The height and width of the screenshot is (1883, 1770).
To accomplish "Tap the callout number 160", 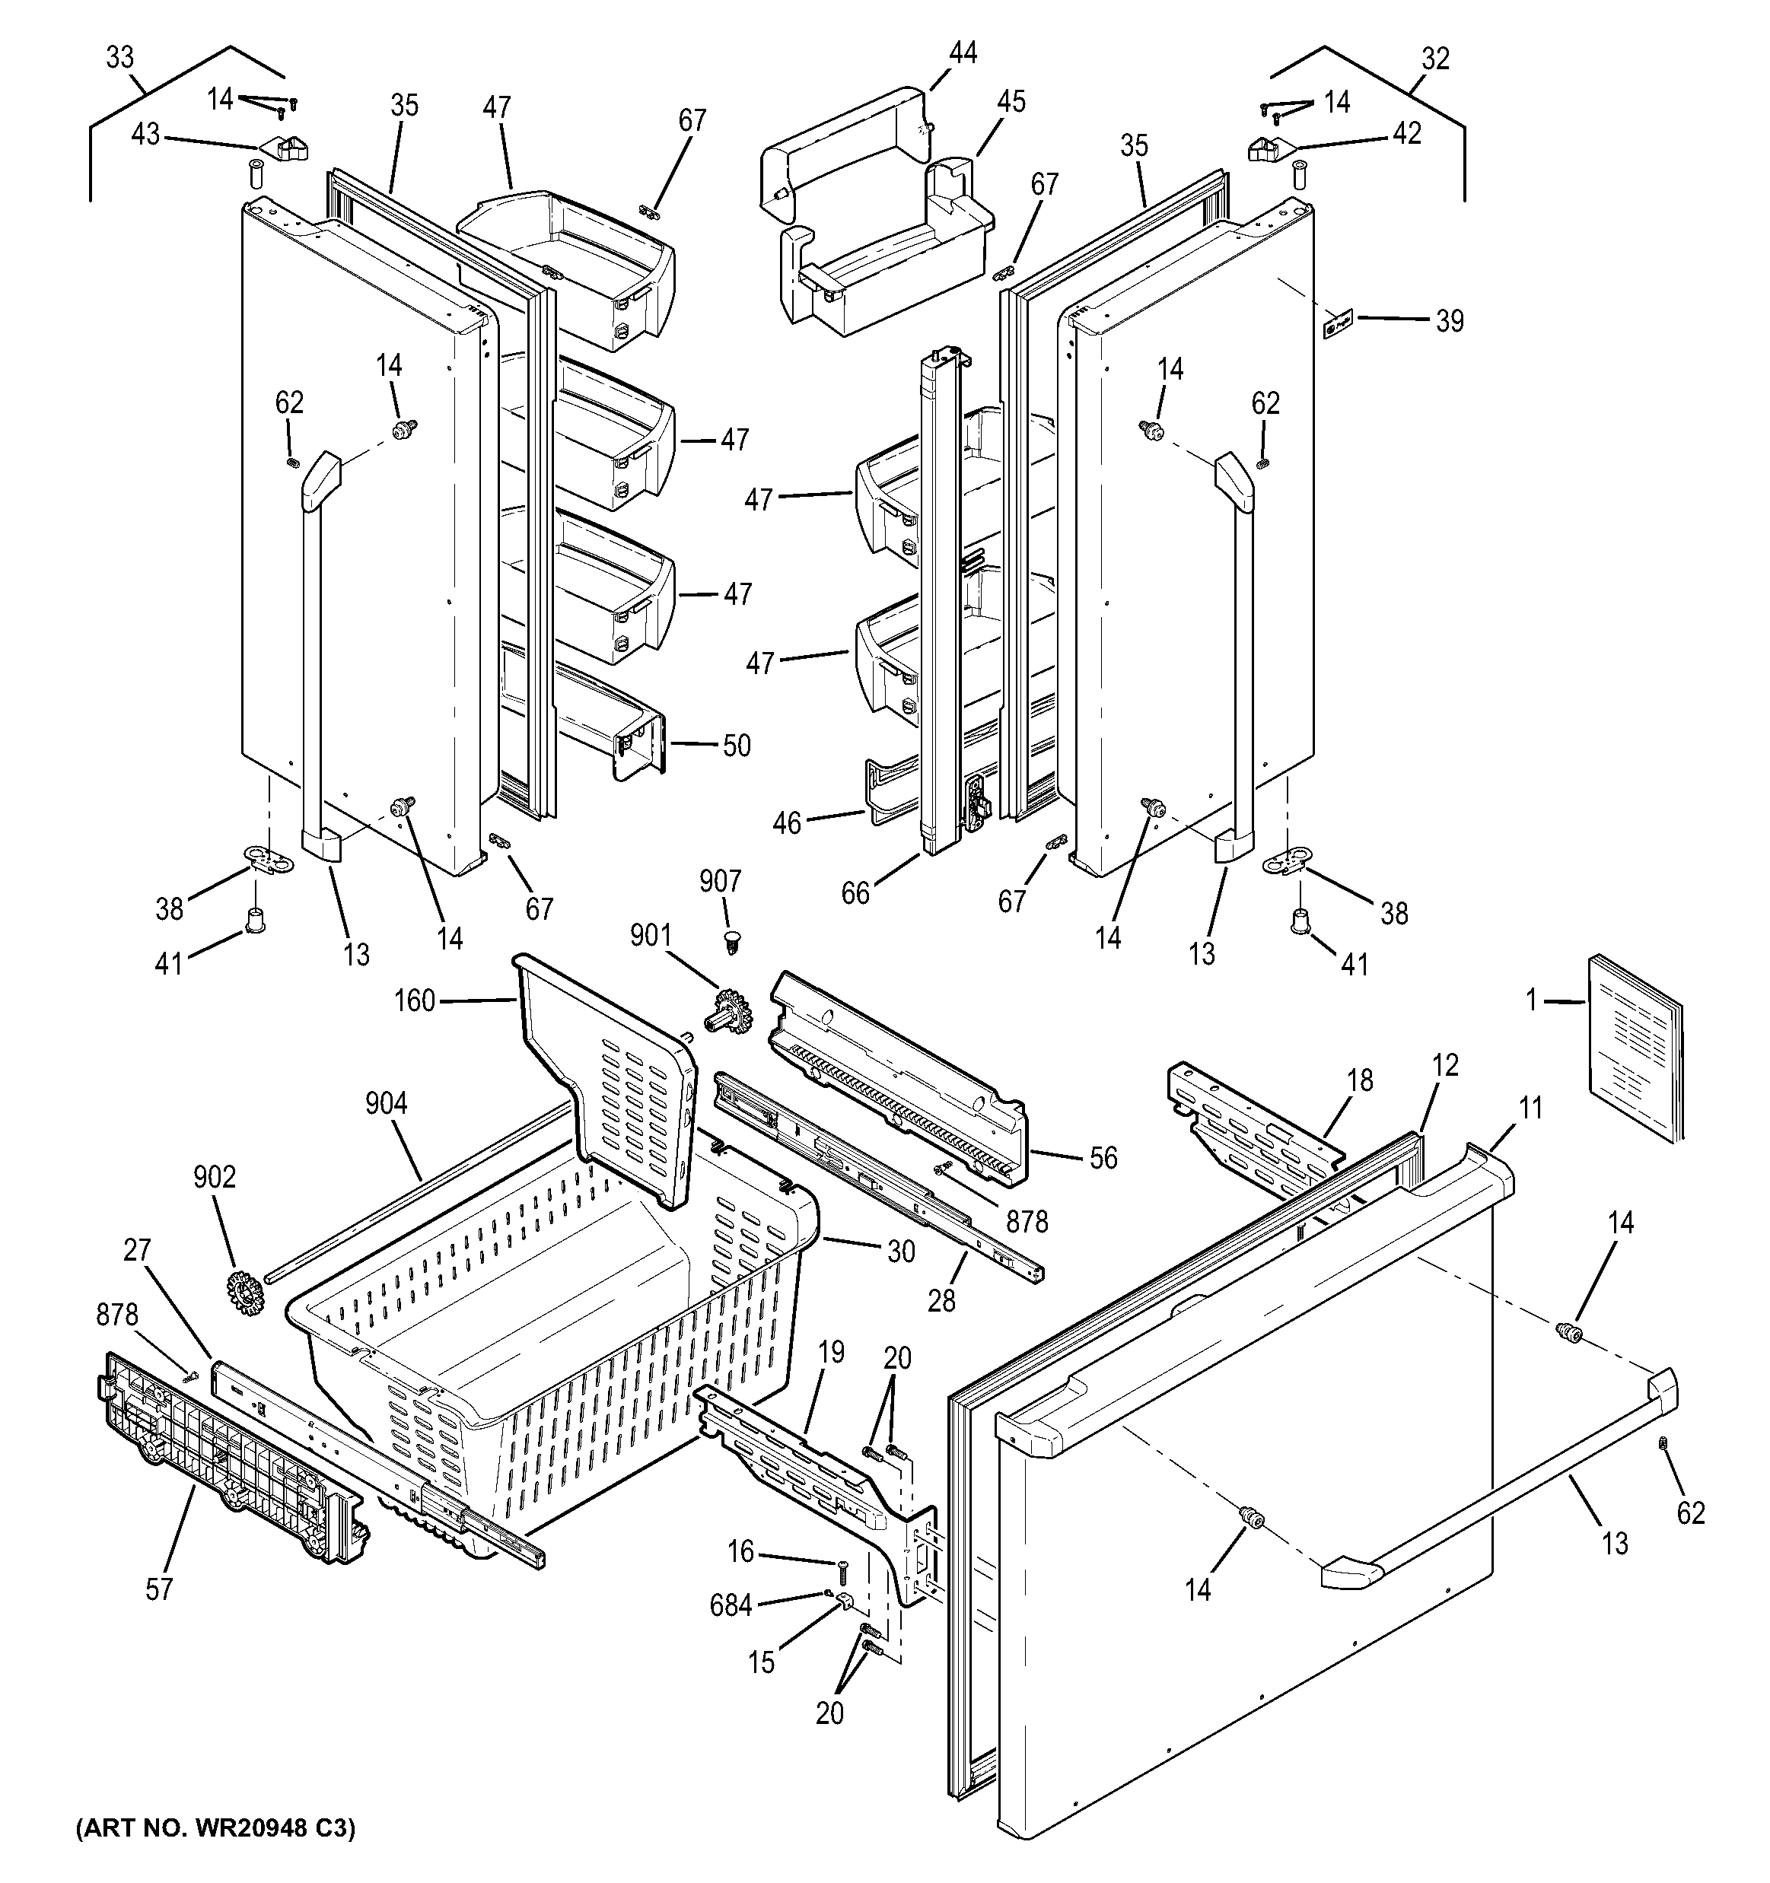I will coord(414,1000).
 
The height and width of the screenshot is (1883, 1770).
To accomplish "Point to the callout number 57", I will coord(159,1589).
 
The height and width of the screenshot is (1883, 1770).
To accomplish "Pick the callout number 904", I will coord(386,1103).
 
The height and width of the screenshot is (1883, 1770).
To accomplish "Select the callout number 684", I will coord(731,1605).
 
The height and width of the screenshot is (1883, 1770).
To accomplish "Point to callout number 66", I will coord(855,893).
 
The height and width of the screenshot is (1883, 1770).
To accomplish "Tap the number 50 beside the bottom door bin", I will coord(737,746).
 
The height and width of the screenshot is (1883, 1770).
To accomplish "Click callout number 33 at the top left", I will coord(119,59).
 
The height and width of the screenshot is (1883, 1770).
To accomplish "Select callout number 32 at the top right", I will coord(1434,59).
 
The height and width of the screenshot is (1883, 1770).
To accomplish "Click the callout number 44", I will coord(963,53).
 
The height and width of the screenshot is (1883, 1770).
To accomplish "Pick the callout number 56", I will coord(1103,1157).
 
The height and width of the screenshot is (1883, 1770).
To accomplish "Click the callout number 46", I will coord(787,822).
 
